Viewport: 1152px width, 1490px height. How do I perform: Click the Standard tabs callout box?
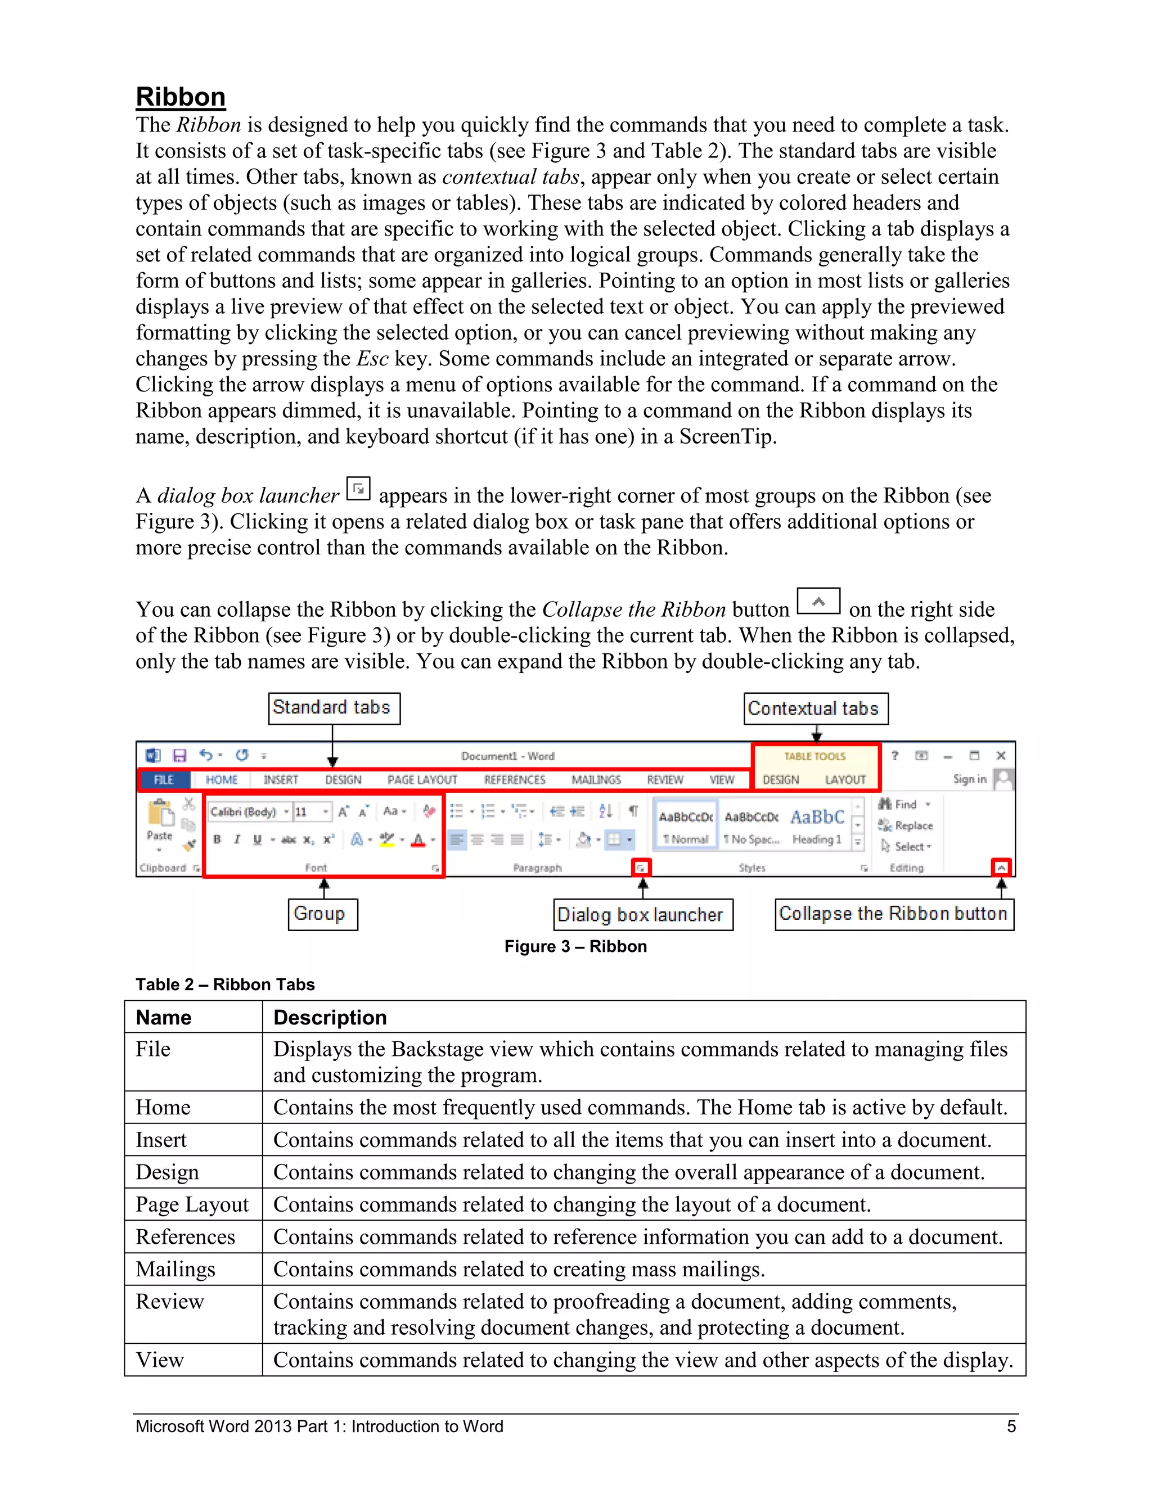click(x=334, y=707)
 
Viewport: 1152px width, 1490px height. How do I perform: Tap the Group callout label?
click(x=322, y=914)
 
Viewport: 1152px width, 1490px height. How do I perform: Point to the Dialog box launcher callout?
click(x=642, y=914)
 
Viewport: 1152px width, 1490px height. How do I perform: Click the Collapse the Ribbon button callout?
click(x=893, y=914)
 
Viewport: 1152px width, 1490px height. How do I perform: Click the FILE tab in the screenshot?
click(x=164, y=780)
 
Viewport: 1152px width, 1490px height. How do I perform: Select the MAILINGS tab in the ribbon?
click(x=596, y=780)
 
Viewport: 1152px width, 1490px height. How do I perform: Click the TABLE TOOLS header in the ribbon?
click(x=814, y=756)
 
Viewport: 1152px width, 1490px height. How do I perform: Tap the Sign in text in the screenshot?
click(x=969, y=779)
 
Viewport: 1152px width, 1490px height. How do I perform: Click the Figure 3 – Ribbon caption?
click(x=575, y=946)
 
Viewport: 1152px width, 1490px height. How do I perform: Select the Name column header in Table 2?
click(x=164, y=1017)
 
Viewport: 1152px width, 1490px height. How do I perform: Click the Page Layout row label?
click(x=192, y=1204)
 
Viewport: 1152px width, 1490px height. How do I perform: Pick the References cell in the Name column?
click(x=185, y=1237)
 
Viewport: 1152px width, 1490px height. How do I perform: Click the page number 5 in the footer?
click(x=1011, y=1426)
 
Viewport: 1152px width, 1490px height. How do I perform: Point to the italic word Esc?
click(x=372, y=358)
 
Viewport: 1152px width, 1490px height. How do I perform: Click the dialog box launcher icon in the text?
click(x=358, y=489)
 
